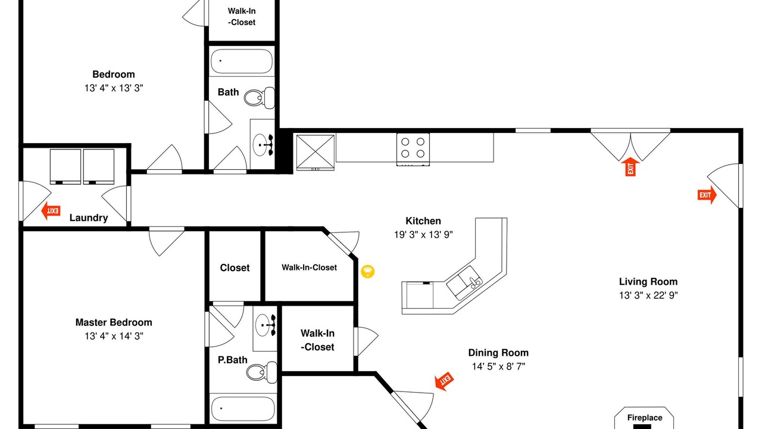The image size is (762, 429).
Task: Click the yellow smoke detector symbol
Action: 367,271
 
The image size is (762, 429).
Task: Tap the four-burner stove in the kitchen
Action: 413,150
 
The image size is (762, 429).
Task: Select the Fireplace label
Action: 645,418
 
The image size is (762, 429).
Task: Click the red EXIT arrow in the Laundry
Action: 51,211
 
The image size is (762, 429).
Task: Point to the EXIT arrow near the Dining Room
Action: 444,381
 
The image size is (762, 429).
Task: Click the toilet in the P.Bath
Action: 261,372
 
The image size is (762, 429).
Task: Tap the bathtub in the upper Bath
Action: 242,61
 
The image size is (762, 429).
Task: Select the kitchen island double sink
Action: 464,283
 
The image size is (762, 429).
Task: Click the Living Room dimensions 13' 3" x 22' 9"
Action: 648,295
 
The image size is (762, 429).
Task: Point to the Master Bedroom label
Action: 114,322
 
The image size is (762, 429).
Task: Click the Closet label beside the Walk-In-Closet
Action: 235,268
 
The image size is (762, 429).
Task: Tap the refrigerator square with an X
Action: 316,152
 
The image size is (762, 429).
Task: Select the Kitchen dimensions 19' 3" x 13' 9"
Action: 423,235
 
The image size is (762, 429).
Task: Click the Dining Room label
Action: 498,353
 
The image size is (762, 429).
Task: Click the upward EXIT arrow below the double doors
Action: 630,167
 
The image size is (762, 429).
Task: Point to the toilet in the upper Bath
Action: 259,98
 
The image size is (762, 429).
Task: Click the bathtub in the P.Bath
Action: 243,409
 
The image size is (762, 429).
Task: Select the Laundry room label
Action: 89,218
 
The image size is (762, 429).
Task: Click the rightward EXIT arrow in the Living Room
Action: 707,195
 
